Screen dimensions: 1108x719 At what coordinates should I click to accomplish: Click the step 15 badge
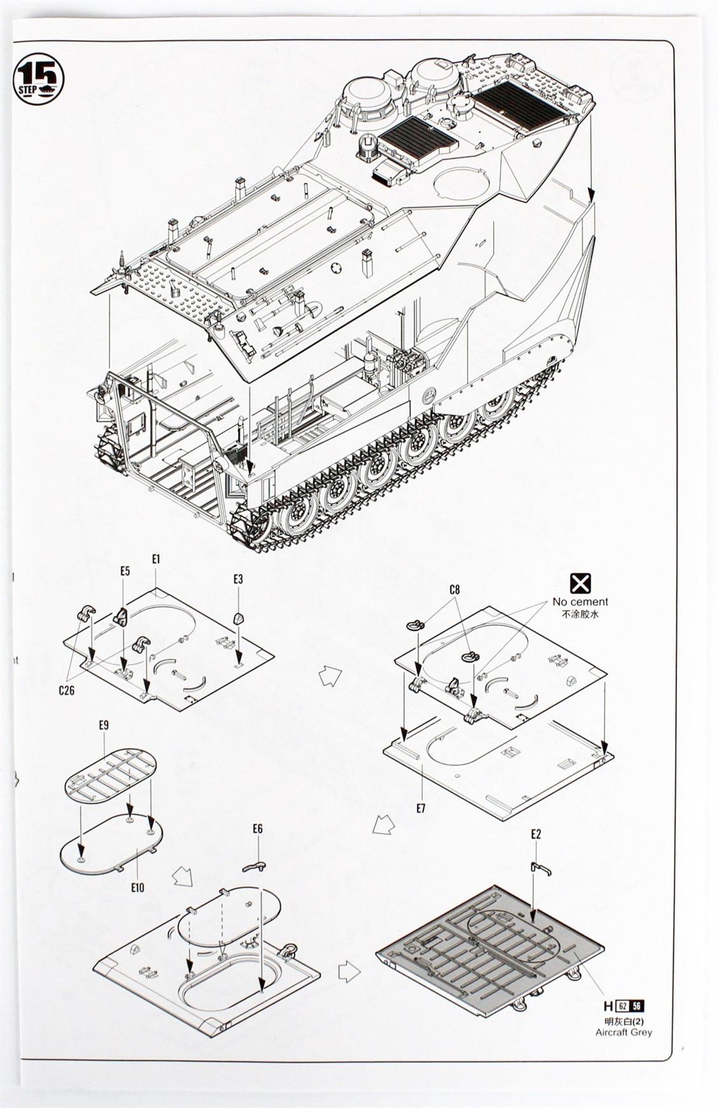tap(39, 78)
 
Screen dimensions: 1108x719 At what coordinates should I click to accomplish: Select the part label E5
tap(125, 571)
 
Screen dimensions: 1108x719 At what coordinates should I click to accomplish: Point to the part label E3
tap(238, 579)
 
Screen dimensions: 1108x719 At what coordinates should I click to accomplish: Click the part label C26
tap(66, 689)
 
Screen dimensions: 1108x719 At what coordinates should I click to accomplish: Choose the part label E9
tap(104, 725)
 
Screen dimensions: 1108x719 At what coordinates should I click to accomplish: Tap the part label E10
tap(137, 887)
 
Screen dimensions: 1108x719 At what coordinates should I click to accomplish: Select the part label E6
tap(258, 829)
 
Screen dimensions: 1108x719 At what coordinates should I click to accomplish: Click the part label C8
tap(454, 589)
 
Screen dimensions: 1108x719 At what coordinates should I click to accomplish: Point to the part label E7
tap(420, 808)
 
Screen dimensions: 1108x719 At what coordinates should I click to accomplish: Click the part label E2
tap(536, 834)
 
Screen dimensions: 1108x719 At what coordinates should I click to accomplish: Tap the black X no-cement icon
tap(580, 583)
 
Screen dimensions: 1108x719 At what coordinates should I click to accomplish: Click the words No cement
tap(580, 601)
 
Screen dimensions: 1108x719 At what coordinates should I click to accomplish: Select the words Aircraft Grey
tap(624, 1032)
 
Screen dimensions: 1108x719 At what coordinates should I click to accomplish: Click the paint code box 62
tap(622, 1006)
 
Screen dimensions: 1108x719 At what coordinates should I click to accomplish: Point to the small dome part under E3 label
tap(238, 617)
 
